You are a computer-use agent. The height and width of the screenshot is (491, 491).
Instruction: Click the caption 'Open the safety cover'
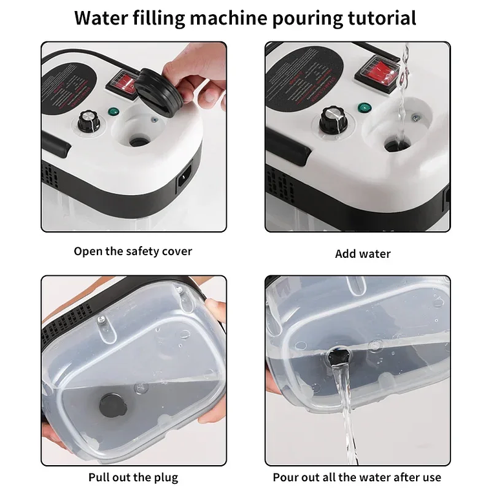(x=132, y=251)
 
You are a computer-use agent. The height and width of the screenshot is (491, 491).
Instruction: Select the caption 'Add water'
(x=362, y=254)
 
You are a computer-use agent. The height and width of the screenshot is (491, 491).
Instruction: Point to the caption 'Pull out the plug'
(x=133, y=478)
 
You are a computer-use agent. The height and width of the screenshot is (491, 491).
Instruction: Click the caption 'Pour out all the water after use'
(x=357, y=478)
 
